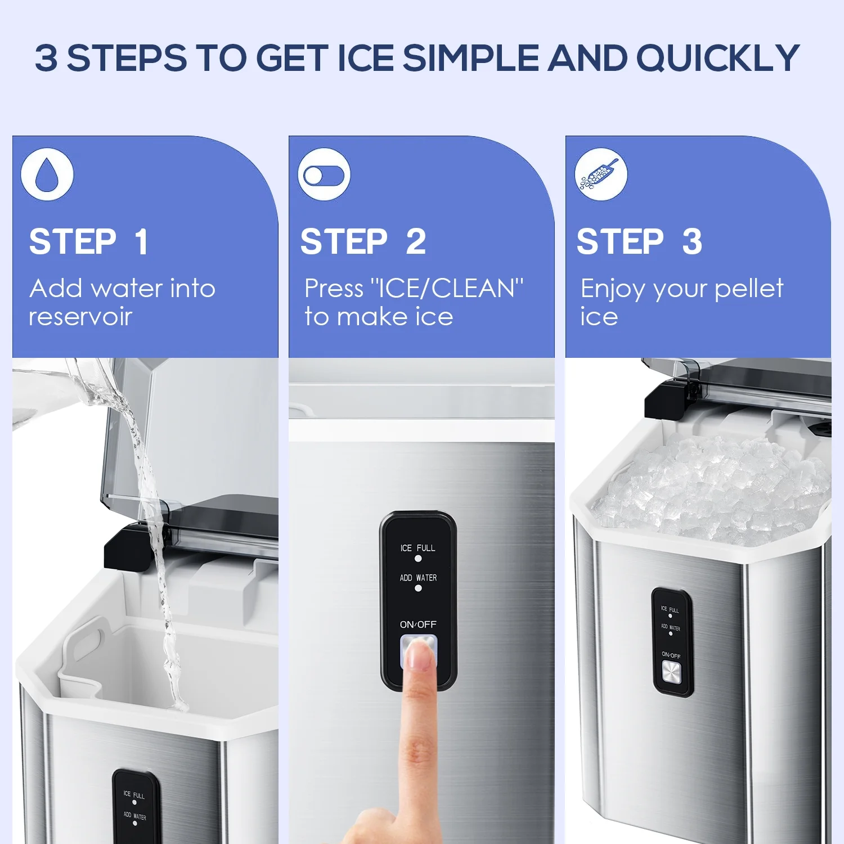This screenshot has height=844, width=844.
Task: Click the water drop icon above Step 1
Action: click(x=47, y=174)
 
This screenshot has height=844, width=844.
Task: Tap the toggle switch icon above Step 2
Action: click(x=324, y=175)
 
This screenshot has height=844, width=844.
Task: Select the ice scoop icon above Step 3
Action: click(x=601, y=175)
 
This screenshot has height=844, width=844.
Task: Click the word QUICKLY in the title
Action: click(x=718, y=59)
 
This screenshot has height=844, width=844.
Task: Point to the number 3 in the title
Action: click(x=46, y=58)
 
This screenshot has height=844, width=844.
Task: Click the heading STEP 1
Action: click(x=89, y=242)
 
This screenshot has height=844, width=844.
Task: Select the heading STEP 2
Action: click(x=363, y=242)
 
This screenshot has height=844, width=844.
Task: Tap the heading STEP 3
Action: click(x=640, y=242)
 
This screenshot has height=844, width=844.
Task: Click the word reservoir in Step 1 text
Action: click(x=80, y=317)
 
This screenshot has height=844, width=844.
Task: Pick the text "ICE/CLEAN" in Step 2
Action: click(x=447, y=289)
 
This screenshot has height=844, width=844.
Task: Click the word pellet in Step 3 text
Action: click(x=749, y=289)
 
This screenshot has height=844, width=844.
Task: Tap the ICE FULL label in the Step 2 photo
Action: click(x=417, y=548)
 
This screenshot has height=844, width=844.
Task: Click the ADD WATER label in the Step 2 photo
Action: click(x=418, y=578)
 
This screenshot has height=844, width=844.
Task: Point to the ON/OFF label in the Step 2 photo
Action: click(x=418, y=625)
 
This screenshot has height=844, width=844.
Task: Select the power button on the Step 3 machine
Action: click(x=671, y=672)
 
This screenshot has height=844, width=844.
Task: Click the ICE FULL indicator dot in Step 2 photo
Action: click(x=418, y=559)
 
